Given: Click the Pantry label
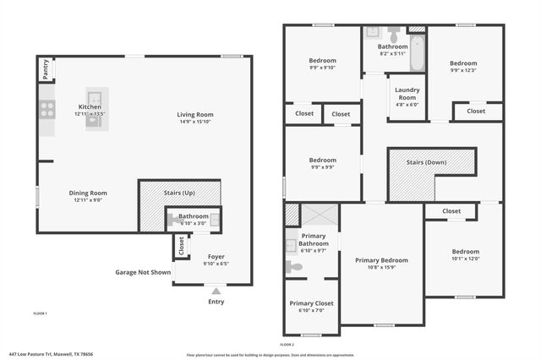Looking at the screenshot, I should pos(45,69).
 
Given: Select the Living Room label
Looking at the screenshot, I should pos(194,115).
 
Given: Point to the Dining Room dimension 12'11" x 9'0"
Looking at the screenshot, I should pos(89,201).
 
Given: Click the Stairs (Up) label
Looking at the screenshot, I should pos(179,194).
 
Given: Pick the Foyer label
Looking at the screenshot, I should pos(216,256).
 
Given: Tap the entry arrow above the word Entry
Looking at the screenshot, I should pos(216,291).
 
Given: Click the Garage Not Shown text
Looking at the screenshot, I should pos(143,272).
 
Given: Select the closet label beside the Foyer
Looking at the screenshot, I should pos(181,245).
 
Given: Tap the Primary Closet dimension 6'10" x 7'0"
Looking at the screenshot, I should pos(311,310).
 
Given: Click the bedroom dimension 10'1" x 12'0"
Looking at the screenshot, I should pos(465,259).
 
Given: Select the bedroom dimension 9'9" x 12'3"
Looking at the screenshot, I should pos(462,71).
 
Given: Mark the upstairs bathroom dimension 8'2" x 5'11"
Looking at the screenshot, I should pos(392,53).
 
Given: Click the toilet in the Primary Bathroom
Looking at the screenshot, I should pos(294,266).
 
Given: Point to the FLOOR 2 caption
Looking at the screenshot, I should pos(287,344).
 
